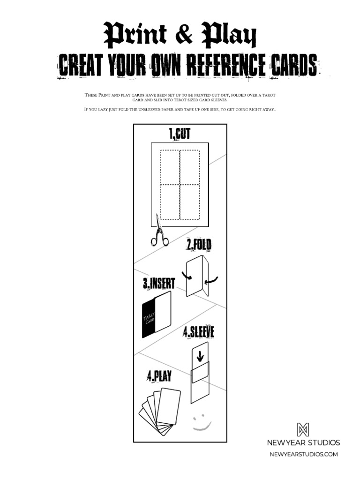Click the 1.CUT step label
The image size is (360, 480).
(x=180, y=135)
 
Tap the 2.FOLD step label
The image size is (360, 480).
(x=199, y=244)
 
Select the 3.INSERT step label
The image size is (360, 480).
(x=159, y=284)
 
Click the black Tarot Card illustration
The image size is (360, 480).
(x=148, y=319)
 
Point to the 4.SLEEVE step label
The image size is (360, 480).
(x=199, y=332)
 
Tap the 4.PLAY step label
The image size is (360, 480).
(x=159, y=376)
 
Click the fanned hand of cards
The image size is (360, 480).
(x=160, y=410)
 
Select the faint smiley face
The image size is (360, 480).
(x=202, y=422)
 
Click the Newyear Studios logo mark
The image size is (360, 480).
(x=303, y=430)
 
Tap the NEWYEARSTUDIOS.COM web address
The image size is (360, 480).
(x=303, y=454)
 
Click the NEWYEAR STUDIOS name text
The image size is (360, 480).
(x=303, y=442)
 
